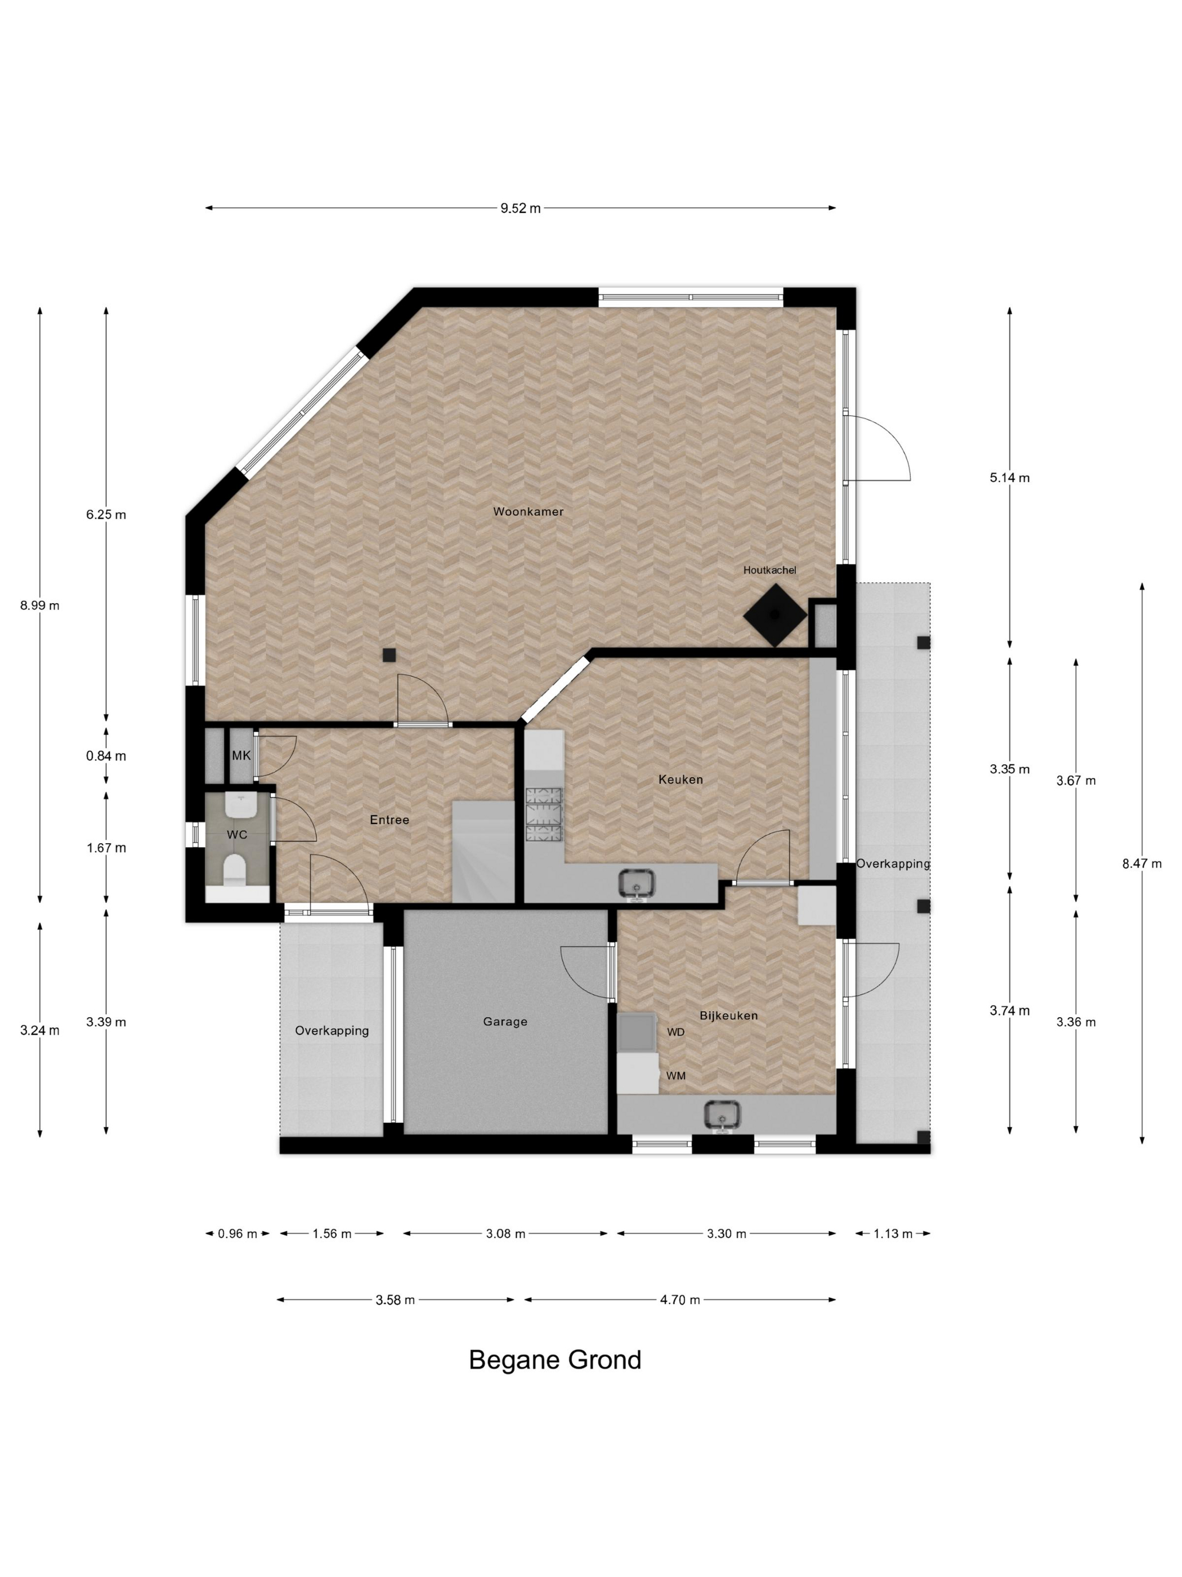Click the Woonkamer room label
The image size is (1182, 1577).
(528, 511)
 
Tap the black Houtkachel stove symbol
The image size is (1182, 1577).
(775, 614)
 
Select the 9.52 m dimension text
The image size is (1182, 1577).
(520, 208)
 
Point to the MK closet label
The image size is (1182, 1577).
(241, 755)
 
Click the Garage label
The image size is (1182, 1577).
(505, 1022)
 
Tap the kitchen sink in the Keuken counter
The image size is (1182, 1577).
(636, 884)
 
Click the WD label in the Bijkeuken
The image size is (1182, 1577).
(675, 1032)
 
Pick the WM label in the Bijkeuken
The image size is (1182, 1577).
(675, 1075)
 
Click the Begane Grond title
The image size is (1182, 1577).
(555, 1360)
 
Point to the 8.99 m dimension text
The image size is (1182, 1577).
(40, 605)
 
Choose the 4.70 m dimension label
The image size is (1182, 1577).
(680, 1300)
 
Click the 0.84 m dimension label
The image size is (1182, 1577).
(106, 756)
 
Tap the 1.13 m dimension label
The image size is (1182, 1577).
(893, 1233)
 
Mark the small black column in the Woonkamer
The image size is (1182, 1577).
(389, 655)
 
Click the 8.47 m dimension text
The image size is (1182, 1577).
(1141, 863)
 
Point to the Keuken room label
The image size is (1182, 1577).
(680, 779)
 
